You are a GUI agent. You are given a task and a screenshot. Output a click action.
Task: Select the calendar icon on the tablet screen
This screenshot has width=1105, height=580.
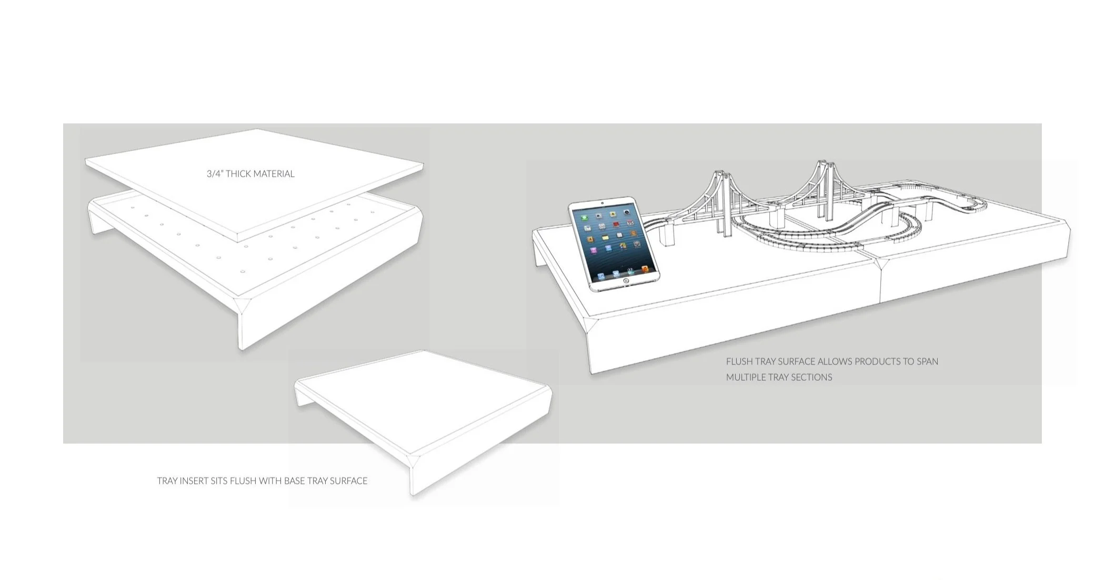631,223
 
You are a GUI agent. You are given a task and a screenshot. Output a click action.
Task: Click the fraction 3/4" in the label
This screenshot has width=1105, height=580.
214,174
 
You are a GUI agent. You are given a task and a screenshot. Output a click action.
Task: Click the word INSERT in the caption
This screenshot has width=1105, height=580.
194,481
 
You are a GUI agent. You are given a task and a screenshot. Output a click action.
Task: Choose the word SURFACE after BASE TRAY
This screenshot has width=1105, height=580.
348,481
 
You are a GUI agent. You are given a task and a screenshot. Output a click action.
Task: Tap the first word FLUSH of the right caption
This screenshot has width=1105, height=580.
739,362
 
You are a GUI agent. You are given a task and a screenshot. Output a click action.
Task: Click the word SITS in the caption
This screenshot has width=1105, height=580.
219,481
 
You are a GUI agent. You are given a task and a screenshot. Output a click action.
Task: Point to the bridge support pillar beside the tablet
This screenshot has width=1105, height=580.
667,236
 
